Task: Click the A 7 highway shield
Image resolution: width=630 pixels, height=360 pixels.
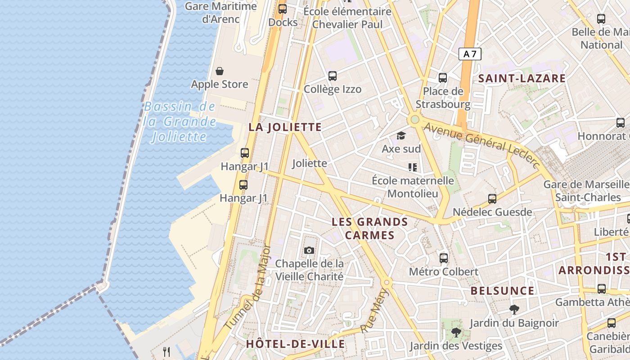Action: [x=470, y=54]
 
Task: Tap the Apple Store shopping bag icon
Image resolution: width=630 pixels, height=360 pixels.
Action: [x=220, y=71]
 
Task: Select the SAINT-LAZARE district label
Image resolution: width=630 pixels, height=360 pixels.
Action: [x=522, y=78]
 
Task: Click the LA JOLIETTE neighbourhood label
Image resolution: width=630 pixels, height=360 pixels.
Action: [x=285, y=127]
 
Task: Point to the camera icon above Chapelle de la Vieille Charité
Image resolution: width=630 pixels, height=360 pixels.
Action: [x=309, y=250]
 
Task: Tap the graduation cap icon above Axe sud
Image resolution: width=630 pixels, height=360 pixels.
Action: [x=401, y=135]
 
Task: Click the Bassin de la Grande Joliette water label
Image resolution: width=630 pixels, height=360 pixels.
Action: [x=180, y=121]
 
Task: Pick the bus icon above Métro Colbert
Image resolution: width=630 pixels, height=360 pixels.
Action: [x=444, y=258]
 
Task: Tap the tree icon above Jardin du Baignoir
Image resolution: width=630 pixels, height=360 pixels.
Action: [x=514, y=310]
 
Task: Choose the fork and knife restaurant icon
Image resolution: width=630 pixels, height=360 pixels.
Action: [x=166, y=351]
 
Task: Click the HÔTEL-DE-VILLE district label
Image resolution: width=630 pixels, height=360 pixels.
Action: [x=295, y=344]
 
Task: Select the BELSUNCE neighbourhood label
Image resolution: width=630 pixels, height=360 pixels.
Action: [x=503, y=291]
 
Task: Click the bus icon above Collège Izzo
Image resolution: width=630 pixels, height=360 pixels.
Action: [x=333, y=76]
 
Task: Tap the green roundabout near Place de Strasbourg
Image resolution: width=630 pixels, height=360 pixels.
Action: [x=414, y=120]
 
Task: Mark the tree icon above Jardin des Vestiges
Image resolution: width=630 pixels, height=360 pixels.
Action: [x=456, y=333]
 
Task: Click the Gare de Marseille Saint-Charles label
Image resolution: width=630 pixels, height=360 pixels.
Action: [x=587, y=191]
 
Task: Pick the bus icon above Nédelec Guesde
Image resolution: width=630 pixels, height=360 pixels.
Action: [x=492, y=198]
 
